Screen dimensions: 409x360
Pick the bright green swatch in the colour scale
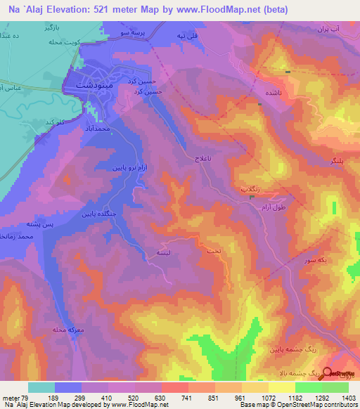[x=309, y=387]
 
